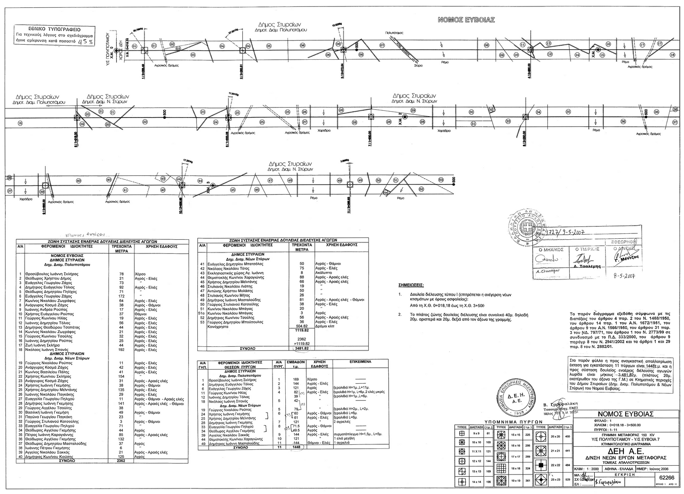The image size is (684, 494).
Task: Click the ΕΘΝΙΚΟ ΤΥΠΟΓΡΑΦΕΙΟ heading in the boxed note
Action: (x=55, y=28)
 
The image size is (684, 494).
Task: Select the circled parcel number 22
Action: (x=145, y=122)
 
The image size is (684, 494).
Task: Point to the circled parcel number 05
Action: (x=269, y=46)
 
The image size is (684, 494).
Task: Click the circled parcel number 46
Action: (x=257, y=190)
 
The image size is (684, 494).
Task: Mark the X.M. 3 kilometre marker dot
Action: (x=213, y=185)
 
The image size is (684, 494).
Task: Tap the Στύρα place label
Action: (x=418, y=66)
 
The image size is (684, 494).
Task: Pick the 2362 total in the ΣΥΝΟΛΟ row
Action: (x=121, y=461)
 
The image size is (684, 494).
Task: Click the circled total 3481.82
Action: (x=302, y=348)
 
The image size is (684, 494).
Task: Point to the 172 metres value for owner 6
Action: (x=121, y=296)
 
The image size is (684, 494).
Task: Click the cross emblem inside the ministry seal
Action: (x=528, y=228)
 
